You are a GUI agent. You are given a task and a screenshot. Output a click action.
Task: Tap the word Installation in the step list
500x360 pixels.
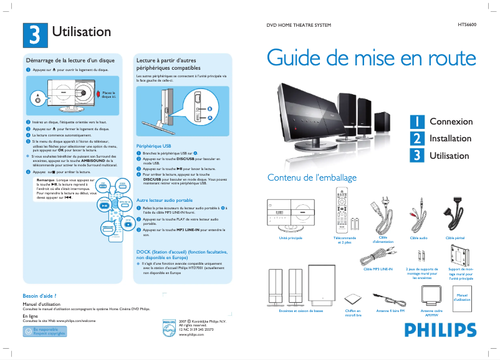pyautogui.click(x=451, y=138)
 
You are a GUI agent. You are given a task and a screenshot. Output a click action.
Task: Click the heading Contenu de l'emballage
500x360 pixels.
pyautogui.click(x=312, y=178)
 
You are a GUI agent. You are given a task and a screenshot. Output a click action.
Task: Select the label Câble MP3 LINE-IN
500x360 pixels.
pyautogui.click(x=378, y=269)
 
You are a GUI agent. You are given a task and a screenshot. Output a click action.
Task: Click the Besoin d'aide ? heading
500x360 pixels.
pyautogui.click(x=40, y=295)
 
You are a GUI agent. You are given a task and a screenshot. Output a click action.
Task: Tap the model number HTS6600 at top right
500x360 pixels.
pyautogui.click(x=466, y=26)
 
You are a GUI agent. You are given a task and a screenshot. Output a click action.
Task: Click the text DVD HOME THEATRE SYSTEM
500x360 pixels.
pyautogui.click(x=299, y=26)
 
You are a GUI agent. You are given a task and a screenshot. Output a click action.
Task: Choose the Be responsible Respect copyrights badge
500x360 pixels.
pyautogui.click(x=44, y=331)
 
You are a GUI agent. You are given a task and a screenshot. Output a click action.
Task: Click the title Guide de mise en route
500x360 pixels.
pyautogui.click(x=371, y=58)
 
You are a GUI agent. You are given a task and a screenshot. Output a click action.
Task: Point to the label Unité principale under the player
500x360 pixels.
pyautogui.click(x=291, y=238)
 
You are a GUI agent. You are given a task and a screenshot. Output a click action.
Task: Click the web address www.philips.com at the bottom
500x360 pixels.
pyautogui.click(x=191, y=334)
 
